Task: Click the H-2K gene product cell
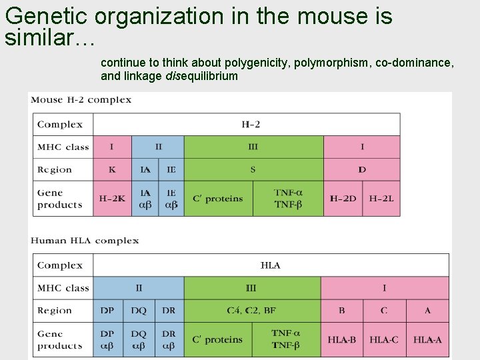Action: pos(112,199)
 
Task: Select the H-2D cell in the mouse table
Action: pos(343,199)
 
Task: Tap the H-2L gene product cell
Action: pos(381,199)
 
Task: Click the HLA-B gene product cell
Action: pos(342,339)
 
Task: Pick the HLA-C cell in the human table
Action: pos(384,339)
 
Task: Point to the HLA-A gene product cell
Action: pos(427,339)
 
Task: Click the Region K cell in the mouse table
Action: pos(112,169)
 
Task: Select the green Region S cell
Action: pos(253,169)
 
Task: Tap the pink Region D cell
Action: pos(362,169)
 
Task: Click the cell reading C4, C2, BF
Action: pos(251,310)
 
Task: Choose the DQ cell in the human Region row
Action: pos(139,310)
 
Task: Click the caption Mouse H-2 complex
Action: pos(81,100)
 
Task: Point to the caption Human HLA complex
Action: pos(85,241)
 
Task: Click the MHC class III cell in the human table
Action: pos(251,288)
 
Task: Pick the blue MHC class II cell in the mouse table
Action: pos(158,147)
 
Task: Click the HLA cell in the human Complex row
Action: pos(271,265)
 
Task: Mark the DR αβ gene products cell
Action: pos(169,339)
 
